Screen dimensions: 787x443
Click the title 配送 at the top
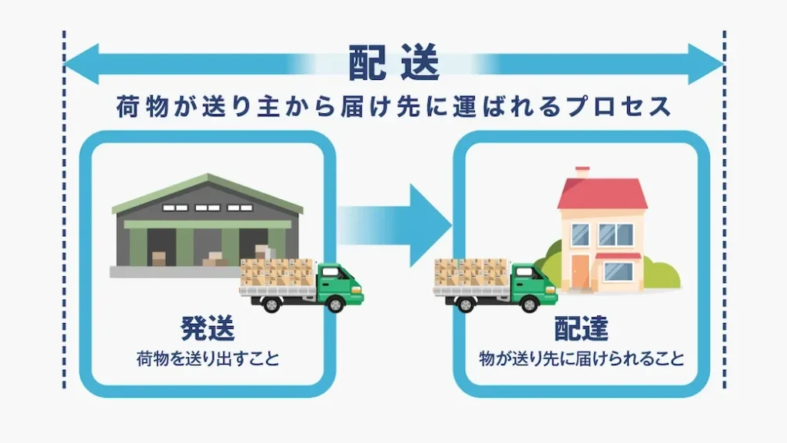coord(394,64)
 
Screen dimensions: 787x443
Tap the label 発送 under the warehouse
coord(208,329)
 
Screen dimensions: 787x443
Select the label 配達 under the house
coord(581,329)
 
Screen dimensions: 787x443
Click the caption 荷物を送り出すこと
coord(208,359)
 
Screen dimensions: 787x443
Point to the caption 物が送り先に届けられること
coord(582,359)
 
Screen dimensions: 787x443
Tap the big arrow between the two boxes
coord(394,225)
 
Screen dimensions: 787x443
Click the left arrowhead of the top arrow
coord(81,64)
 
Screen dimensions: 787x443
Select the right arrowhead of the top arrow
coord(706,64)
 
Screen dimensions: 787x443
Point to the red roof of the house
coord(603,193)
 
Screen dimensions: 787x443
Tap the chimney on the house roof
coord(583,172)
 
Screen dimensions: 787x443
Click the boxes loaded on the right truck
coord(471,273)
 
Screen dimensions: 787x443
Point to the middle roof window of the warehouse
coord(208,208)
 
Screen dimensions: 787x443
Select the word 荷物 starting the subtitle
coord(142,106)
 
